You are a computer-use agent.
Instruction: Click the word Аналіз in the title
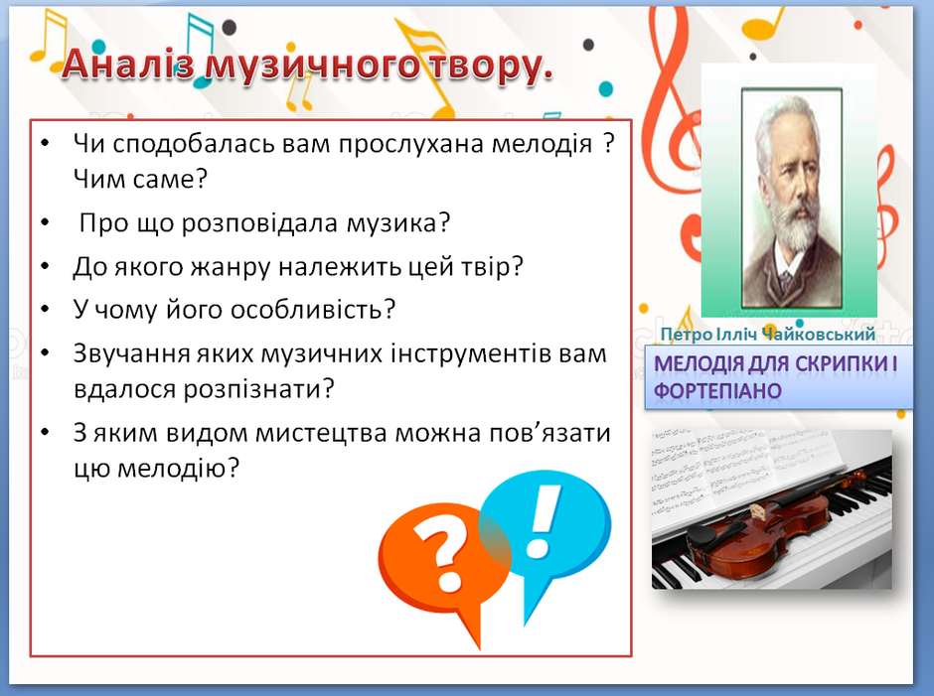[128, 64]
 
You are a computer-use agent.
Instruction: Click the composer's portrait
[792, 199]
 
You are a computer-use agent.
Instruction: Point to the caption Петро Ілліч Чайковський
[768, 335]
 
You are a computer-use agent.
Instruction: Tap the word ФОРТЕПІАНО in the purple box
[717, 391]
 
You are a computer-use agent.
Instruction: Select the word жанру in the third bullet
[232, 267]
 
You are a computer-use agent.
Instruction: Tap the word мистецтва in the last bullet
[321, 434]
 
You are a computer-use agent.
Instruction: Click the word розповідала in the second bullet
[259, 223]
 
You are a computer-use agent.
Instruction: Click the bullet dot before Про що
[46, 222]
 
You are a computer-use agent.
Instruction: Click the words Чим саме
[140, 179]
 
